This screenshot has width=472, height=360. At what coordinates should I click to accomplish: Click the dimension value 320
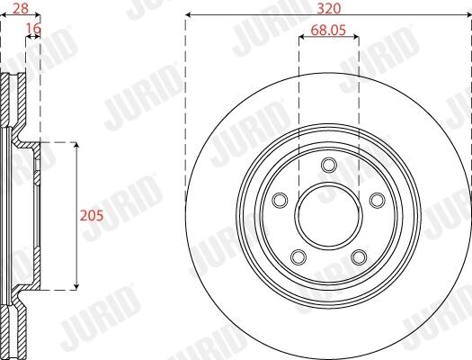click(x=329, y=8)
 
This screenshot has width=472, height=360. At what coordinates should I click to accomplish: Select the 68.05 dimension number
click(x=328, y=30)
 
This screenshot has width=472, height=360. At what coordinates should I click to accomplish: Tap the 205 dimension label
click(x=92, y=215)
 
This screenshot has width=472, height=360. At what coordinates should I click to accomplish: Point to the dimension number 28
click(x=21, y=8)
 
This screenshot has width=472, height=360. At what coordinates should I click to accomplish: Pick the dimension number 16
click(x=34, y=29)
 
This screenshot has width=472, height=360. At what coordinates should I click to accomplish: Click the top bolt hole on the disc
click(x=329, y=165)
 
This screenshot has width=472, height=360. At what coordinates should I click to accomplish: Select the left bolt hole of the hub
click(x=280, y=200)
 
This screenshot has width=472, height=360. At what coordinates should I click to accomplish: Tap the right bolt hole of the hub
click(x=378, y=200)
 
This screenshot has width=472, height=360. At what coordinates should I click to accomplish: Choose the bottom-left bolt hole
click(x=298, y=257)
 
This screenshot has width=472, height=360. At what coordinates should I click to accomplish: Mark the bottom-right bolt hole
click(x=359, y=257)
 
